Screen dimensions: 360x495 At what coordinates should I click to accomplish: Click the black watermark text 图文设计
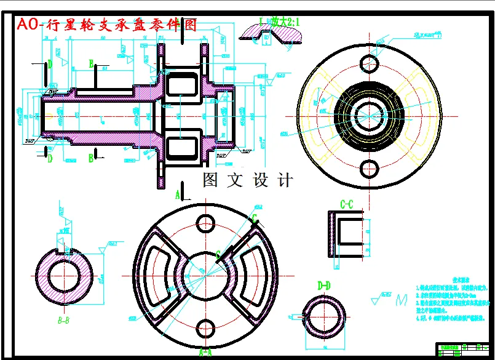point(248,180)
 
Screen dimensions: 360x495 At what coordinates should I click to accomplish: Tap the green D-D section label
point(323,286)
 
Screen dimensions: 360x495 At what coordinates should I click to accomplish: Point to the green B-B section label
point(63,320)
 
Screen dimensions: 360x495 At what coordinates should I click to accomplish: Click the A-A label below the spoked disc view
point(205,353)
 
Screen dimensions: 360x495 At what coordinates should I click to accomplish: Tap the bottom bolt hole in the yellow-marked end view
point(369,167)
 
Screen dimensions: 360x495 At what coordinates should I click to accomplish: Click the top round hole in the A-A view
point(205,222)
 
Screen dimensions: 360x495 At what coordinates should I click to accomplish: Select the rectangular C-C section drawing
point(346,233)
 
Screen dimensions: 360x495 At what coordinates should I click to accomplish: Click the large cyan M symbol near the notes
point(403,300)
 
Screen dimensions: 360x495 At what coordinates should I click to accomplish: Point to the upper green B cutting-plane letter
point(91,63)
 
